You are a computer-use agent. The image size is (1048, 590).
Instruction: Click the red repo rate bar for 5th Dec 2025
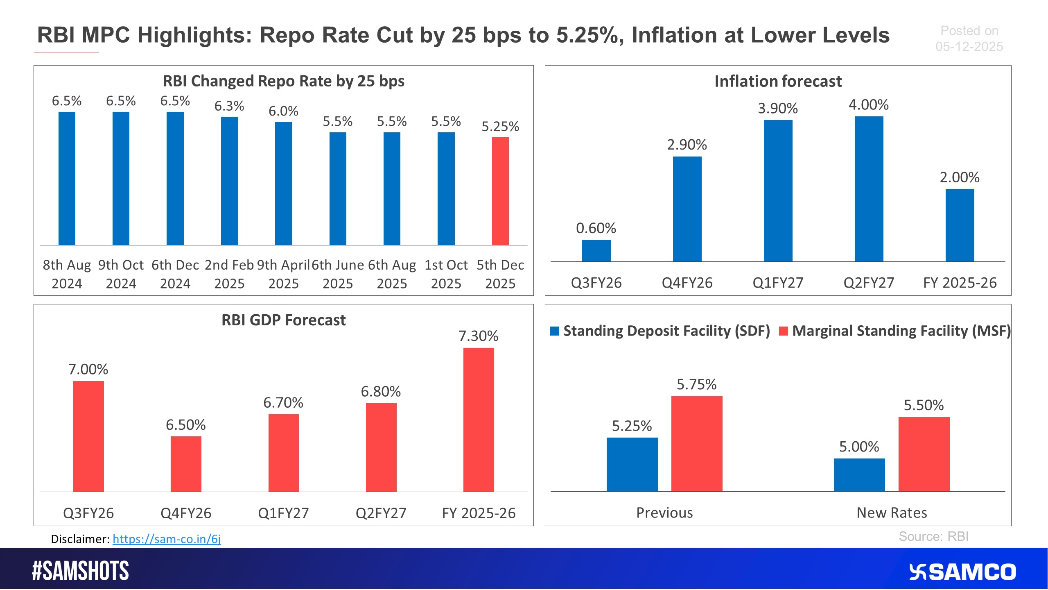500,191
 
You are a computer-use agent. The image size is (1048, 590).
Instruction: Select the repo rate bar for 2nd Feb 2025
229,181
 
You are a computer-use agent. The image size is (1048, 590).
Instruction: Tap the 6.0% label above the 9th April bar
283,111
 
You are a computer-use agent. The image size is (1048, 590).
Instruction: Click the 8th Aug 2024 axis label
67,274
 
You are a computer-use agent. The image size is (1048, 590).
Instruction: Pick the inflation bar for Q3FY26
596,251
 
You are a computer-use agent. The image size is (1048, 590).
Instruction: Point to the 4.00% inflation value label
869,105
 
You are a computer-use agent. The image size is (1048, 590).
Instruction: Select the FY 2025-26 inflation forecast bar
960,225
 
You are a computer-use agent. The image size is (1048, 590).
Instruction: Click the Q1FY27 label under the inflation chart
778,283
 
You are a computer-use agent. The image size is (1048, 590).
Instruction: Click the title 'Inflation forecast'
778,81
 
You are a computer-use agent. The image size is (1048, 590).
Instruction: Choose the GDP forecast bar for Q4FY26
186,464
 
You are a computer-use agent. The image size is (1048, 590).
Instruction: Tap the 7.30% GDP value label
478,336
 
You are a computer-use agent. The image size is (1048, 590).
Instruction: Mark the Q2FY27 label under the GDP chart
381,513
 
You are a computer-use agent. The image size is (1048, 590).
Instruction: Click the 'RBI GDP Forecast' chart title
283,320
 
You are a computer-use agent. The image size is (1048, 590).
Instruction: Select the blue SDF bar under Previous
632,464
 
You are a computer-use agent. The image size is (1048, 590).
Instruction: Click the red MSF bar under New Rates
924,454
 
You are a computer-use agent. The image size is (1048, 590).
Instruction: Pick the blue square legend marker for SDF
555,331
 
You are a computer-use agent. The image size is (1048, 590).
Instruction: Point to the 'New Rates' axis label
892,513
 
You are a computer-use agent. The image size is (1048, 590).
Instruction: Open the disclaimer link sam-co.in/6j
167,539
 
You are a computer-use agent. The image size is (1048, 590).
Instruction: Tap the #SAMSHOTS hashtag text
80,571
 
